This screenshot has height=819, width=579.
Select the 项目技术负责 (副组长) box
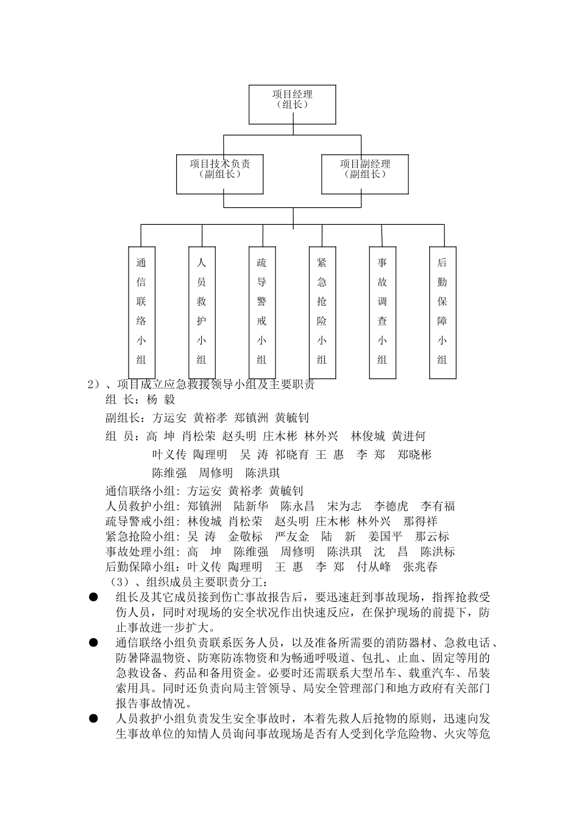point(220,174)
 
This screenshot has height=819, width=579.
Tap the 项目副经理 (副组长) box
point(365,174)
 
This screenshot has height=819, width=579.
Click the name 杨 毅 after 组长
point(161,400)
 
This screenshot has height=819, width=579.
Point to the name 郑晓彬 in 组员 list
point(414,455)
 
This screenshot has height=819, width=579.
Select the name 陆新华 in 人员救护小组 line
point(250,506)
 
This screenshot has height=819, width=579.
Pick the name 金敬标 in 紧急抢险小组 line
point(245,537)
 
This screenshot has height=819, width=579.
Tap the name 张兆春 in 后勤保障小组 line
point(420,567)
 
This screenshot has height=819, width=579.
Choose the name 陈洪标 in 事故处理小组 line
point(438,552)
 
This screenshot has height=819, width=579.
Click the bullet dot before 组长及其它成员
point(93,597)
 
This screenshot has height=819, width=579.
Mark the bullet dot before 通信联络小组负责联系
point(93,643)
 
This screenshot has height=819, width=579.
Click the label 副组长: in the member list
point(126,418)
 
